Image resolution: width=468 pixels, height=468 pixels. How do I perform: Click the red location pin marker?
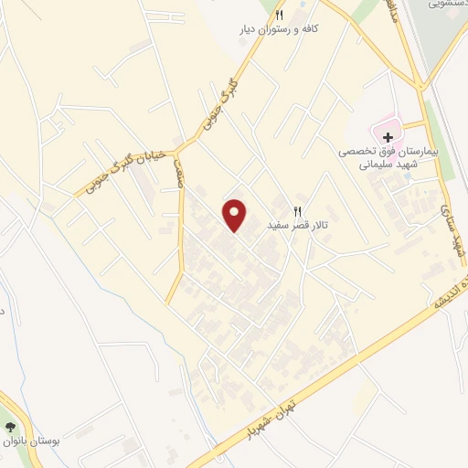[x=236, y=215]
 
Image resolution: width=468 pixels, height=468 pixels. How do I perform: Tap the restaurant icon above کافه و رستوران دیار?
[x=280, y=16]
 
